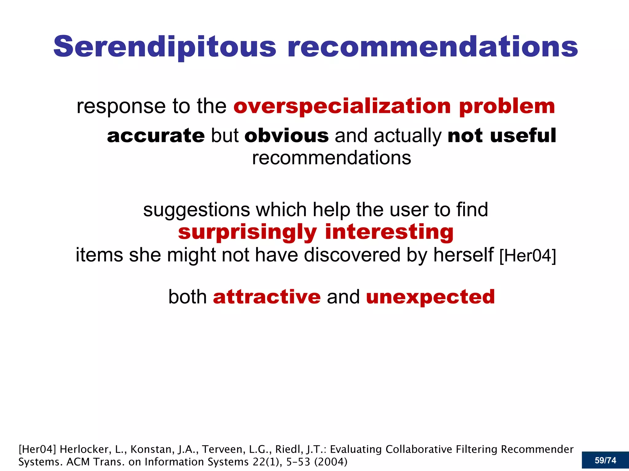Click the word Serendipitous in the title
click(x=165, y=47)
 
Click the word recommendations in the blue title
click(x=433, y=47)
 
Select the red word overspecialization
click(x=342, y=106)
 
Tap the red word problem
click(x=507, y=106)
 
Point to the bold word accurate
click(x=156, y=136)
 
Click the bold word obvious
click(x=287, y=136)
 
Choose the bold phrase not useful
click(x=502, y=136)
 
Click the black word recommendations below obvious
click(x=331, y=158)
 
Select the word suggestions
click(x=197, y=210)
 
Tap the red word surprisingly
click(x=247, y=232)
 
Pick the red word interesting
click(x=389, y=232)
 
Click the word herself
click(x=463, y=255)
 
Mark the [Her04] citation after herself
click(x=528, y=256)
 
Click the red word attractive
click(x=267, y=297)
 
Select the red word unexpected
click(x=430, y=297)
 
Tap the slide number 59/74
click(x=605, y=460)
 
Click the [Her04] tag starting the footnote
click(x=37, y=449)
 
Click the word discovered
click(x=352, y=255)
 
